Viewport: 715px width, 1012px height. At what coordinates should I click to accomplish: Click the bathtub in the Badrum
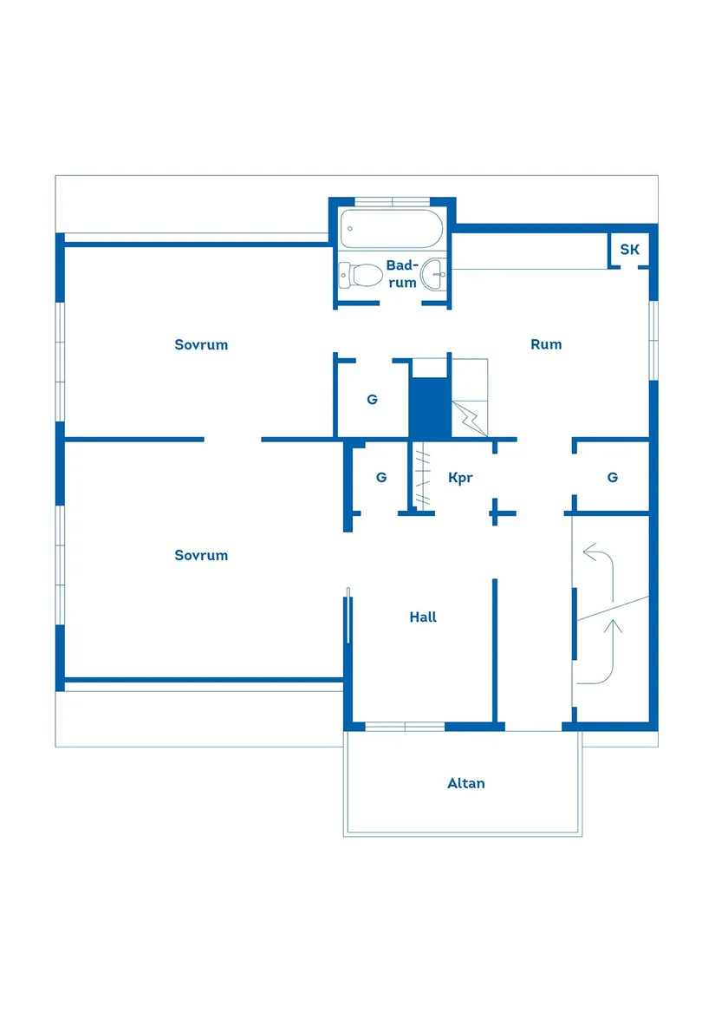click(391, 230)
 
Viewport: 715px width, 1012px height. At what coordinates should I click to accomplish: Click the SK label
click(629, 250)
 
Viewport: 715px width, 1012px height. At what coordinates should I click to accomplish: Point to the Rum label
click(546, 344)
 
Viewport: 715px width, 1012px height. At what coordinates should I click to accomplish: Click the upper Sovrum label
click(201, 344)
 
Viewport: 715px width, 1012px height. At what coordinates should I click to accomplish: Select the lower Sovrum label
click(201, 555)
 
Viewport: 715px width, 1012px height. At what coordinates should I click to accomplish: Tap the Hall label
click(423, 617)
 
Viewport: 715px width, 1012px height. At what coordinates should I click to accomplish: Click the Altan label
click(465, 783)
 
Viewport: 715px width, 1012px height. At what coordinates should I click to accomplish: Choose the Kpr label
click(460, 477)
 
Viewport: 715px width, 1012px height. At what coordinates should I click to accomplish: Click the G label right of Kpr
click(613, 477)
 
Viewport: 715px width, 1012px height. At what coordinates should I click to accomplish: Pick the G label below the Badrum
click(372, 400)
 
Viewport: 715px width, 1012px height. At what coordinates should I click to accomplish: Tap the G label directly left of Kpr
click(380, 477)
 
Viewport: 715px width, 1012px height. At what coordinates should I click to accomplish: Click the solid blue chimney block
click(430, 408)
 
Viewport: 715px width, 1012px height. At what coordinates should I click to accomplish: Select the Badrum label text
click(401, 273)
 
